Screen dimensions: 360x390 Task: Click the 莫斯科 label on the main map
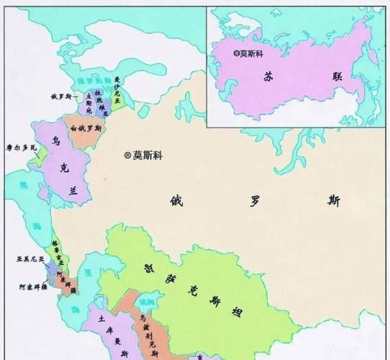[149, 155]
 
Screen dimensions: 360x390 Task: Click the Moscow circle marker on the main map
[127, 155]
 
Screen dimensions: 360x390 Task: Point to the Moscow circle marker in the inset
[237, 53]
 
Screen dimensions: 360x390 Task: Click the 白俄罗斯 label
[86, 128]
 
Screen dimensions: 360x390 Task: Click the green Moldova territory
[41, 153]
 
